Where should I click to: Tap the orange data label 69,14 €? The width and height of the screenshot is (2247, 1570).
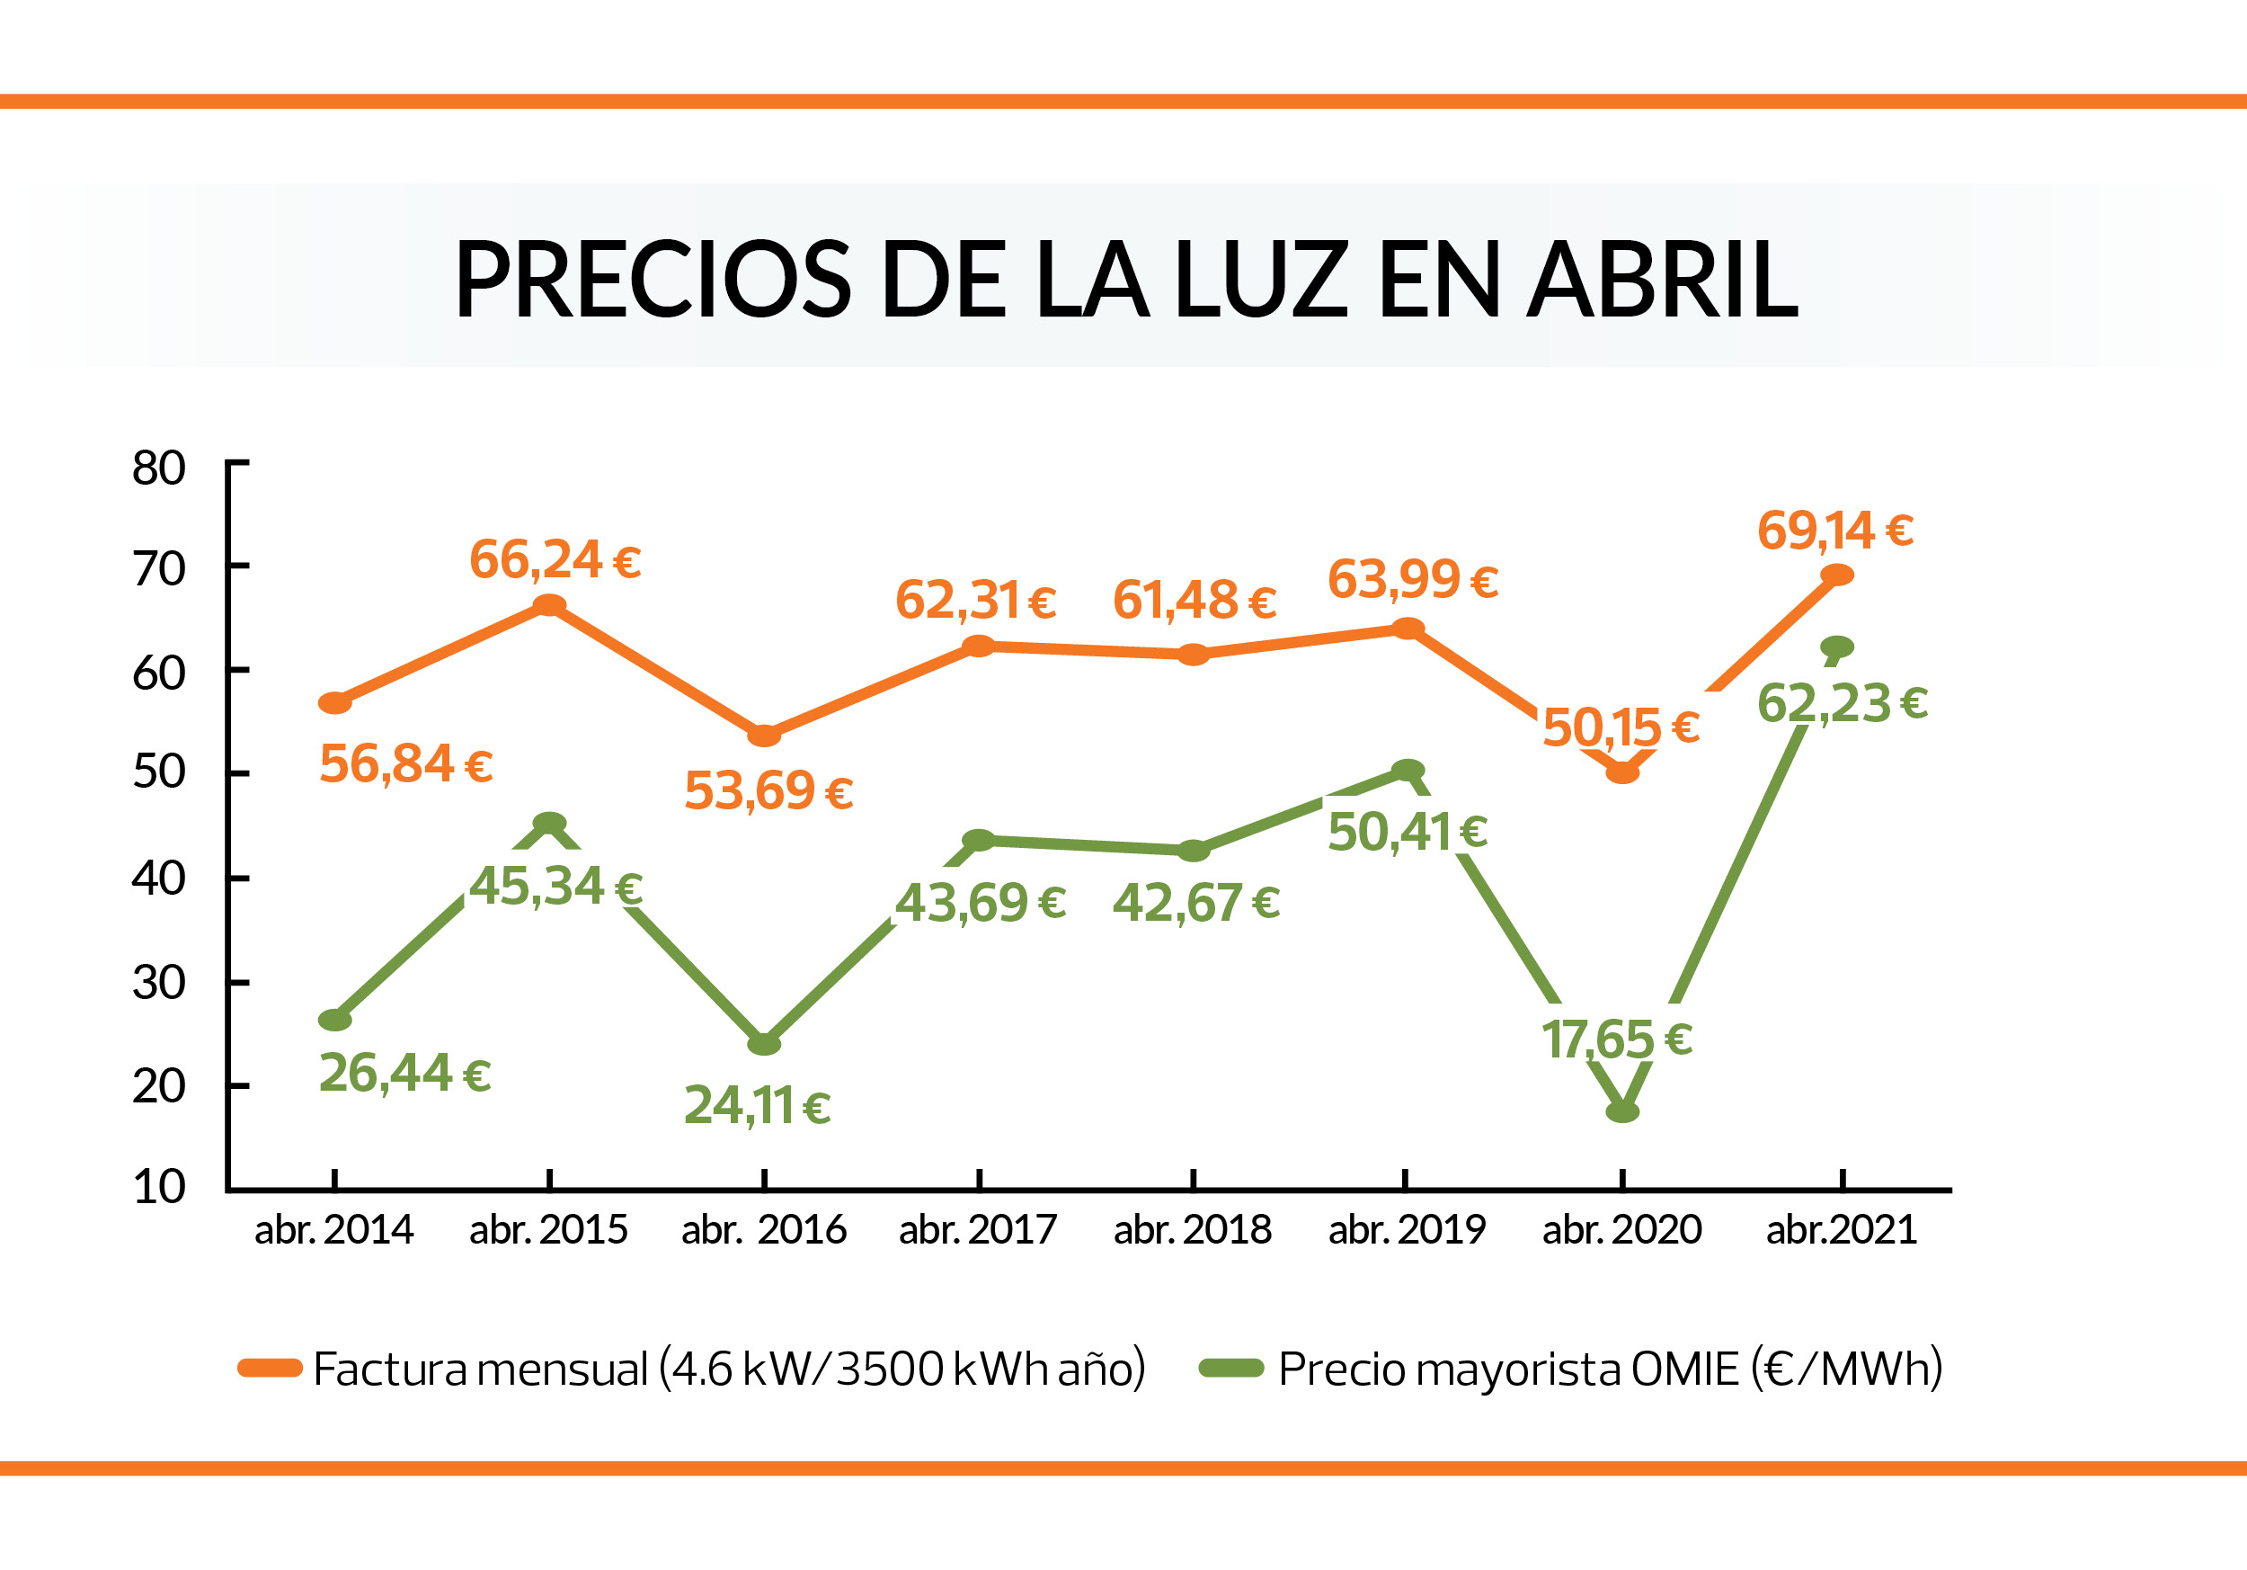click(x=1835, y=531)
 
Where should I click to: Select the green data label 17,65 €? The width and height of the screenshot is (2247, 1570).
click(x=1617, y=1039)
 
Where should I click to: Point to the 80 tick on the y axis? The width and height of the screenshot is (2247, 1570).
click(x=159, y=468)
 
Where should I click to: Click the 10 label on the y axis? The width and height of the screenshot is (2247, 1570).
click(x=159, y=1186)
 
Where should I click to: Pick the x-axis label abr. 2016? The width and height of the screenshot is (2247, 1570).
click(x=763, y=1229)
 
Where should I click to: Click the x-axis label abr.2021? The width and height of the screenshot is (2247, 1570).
click(x=1841, y=1229)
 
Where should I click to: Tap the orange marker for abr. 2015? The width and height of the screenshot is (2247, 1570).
click(x=549, y=605)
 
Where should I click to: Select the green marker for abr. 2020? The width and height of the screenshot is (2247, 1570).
click(x=1622, y=1112)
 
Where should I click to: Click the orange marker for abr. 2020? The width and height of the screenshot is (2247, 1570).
click(x=1622, y=773)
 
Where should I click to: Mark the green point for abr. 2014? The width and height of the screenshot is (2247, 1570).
click(x=334, y=1020)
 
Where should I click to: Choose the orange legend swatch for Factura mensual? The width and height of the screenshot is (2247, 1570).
click(x=269, y=1369)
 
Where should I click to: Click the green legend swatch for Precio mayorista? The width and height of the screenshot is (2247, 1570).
click(x=1231, y=1369)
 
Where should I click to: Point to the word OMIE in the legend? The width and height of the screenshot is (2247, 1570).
click(x=1684, y=1369)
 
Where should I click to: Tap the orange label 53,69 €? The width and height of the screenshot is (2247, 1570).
click(x=768, y=791)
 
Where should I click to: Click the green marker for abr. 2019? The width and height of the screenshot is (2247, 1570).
click(x=1408, y=771)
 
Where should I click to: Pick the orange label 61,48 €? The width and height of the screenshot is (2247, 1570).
click(x=1194, y=600)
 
